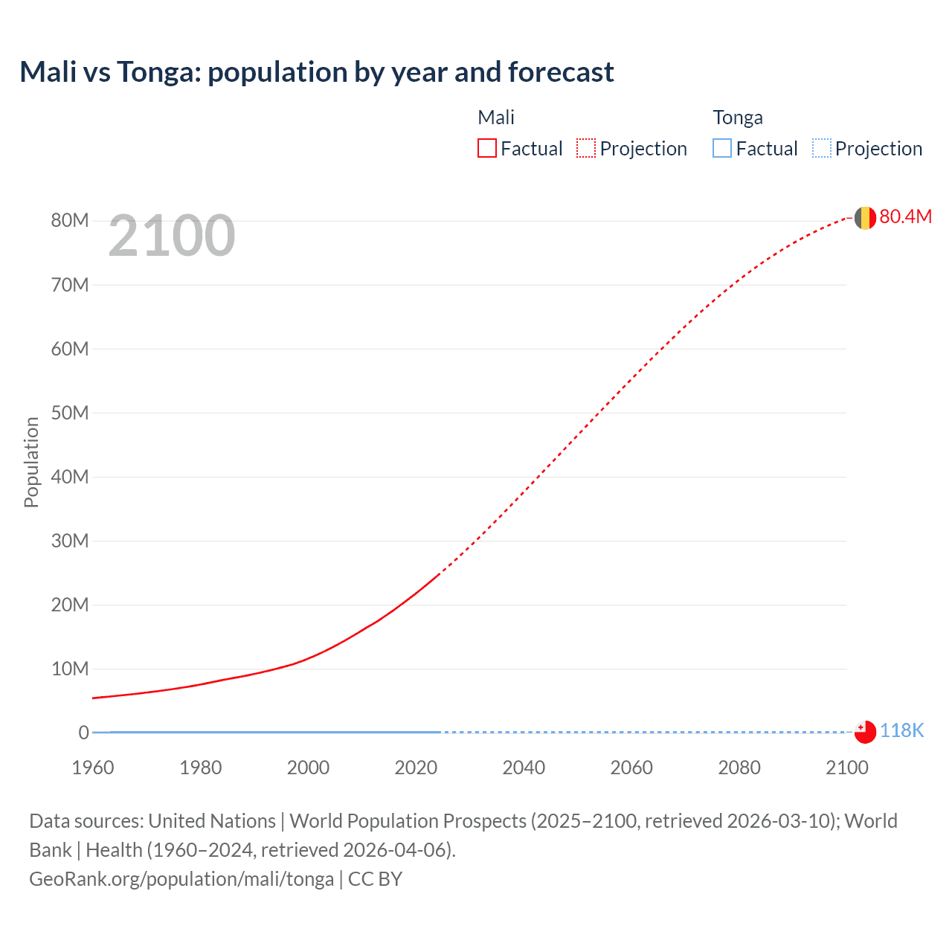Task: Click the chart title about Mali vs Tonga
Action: coord(317,72)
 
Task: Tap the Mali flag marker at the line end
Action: coord(864,218)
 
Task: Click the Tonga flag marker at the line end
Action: coord(864,732)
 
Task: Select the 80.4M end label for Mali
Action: coord(905,216)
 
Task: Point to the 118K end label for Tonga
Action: coord(901,731)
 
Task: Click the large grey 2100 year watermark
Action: coord(172,236)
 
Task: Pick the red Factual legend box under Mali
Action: coord(487,149)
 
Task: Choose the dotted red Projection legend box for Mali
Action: coord(586,149)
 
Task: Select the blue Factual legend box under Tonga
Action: coord(722,149)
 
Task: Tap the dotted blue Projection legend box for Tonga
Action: coord(821,149)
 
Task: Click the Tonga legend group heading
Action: coord(738,118)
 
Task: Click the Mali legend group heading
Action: coord(496,118)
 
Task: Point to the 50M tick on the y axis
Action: coord(70,413)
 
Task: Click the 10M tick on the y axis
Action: coord(70,669)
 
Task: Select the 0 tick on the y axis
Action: coord(83,733)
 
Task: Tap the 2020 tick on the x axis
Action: coord(416,768)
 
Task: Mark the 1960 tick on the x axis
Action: coord(93,768)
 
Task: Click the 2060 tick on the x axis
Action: coord(631,768)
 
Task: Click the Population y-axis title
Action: coord(31,462)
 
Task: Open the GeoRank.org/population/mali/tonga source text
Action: coord(181,879)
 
